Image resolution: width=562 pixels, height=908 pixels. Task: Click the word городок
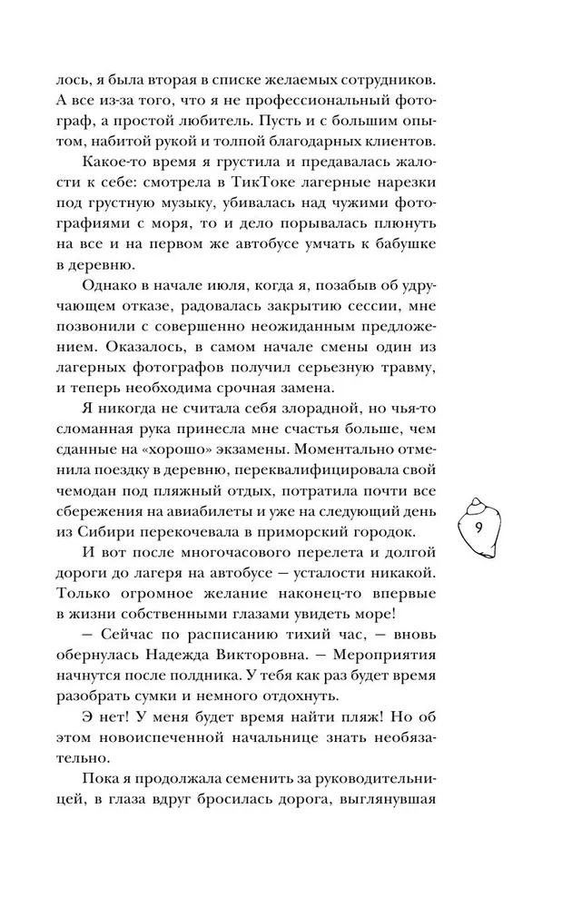(380, 532)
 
